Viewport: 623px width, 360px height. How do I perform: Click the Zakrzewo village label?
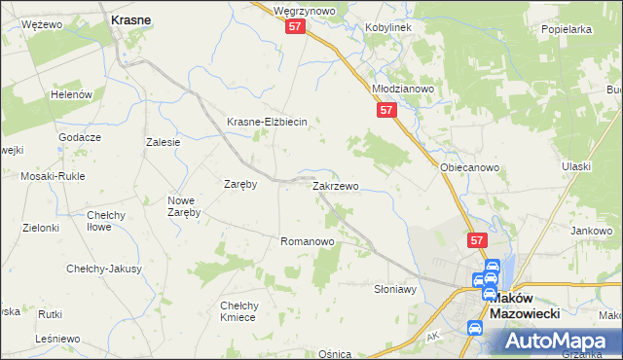[336, 185]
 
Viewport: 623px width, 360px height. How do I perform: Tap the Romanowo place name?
[308, 240]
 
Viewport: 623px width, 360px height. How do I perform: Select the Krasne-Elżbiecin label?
[267, 122]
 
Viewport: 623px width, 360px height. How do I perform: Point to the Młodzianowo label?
[403, 88]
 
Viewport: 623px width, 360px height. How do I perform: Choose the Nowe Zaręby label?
[183, 206]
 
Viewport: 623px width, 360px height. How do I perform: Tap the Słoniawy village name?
[395, 289]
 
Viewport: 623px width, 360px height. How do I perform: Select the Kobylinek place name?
[388, 27]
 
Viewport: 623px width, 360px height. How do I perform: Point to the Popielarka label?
[568, 29]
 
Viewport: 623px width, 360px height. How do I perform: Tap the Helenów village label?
[71, 94]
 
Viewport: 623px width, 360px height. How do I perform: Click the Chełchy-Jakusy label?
[103, 269]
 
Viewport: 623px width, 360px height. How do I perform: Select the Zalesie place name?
[164, 142]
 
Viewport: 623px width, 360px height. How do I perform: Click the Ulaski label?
[576, 166]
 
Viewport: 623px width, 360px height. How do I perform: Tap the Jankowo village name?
[592, 231]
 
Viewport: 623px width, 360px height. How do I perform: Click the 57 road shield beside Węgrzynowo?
[297, 29]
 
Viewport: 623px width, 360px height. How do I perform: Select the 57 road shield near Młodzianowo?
[386, 112]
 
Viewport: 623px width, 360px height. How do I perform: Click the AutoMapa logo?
[560, 341]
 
